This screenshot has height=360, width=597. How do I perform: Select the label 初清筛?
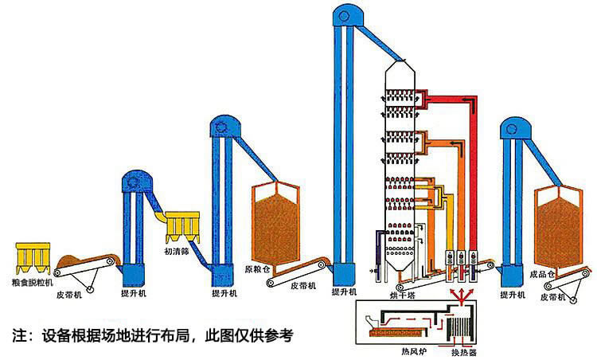(177, 252)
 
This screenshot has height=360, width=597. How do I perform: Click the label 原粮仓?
(259, 268)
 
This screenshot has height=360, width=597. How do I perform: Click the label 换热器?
(464, 351)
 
